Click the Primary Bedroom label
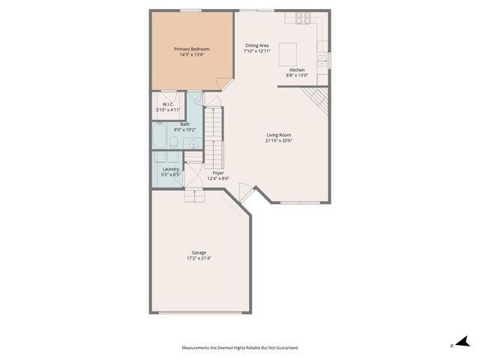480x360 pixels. [x=191, y=49]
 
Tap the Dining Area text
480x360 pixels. [x=257, y=46]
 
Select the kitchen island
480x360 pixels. [x=289, y=55]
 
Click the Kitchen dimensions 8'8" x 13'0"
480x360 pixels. [x=297, y=75]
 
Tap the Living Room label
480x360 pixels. [x=278, y=135]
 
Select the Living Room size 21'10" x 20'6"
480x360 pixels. [x=278, y=140]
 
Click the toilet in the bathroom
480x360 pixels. [x=173, y=143]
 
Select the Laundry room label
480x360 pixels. [x=171, y=169]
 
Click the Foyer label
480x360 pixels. [x=218, y=172]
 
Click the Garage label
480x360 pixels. [x=199, y=253]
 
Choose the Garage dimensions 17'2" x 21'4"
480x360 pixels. [x=199, y=259]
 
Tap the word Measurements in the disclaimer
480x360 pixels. [x=197, y=348]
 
